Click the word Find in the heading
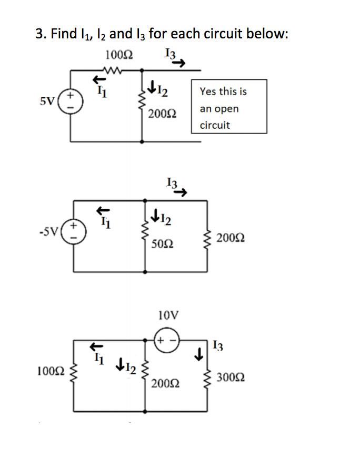64,34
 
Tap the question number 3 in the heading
39,34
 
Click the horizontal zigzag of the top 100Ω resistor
114,69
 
